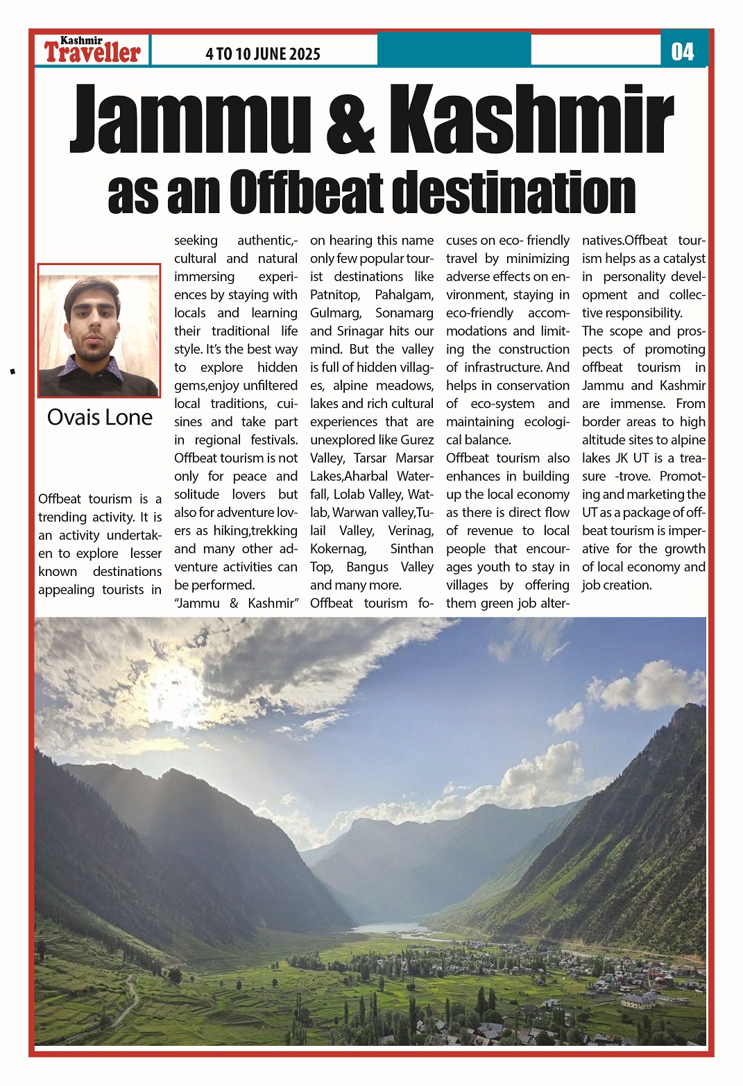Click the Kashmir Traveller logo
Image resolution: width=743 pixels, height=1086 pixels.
click(92, 50)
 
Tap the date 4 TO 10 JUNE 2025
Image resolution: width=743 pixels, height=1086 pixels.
click(263, 54)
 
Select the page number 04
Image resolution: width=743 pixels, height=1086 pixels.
click(683, 51)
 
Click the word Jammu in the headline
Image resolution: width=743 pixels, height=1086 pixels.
click(189, 119)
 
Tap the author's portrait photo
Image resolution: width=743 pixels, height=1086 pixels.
click(99, 330)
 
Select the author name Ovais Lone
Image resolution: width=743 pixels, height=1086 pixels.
click(100, 417)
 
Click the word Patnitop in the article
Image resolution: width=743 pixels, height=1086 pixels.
click(334, 295)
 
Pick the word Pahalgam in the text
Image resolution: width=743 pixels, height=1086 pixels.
click(404, 295)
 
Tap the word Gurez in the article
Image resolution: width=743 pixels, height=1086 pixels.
click(417, 440)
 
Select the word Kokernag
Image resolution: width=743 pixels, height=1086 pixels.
click(338, 549)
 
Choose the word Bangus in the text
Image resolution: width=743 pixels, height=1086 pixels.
click(367, 567)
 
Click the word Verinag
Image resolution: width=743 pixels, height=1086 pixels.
click(411, 531)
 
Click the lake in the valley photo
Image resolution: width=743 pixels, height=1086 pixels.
click(388, 928)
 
